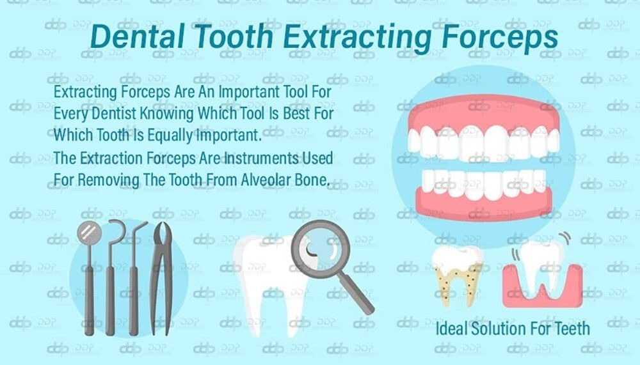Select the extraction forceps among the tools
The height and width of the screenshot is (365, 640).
point(161,275)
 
